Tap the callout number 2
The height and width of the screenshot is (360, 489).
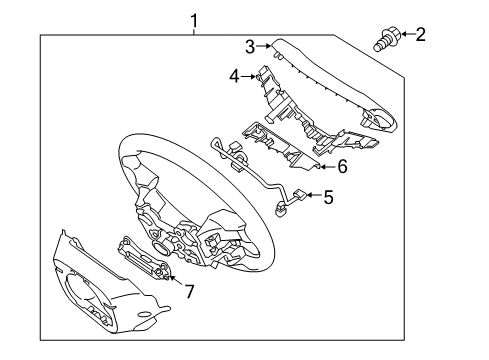click(x=420, y=36)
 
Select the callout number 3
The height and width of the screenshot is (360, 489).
click(x=251, y=44)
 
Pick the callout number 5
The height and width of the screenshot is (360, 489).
click(x=326, y=198)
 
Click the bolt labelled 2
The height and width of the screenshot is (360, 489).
click(x=386, y=41)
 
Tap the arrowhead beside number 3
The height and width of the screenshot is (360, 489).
click(x=269, y=45)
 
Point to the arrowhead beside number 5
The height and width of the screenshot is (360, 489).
click(x=308, y=198)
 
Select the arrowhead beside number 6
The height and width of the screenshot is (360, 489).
click(x=322, y=167)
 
